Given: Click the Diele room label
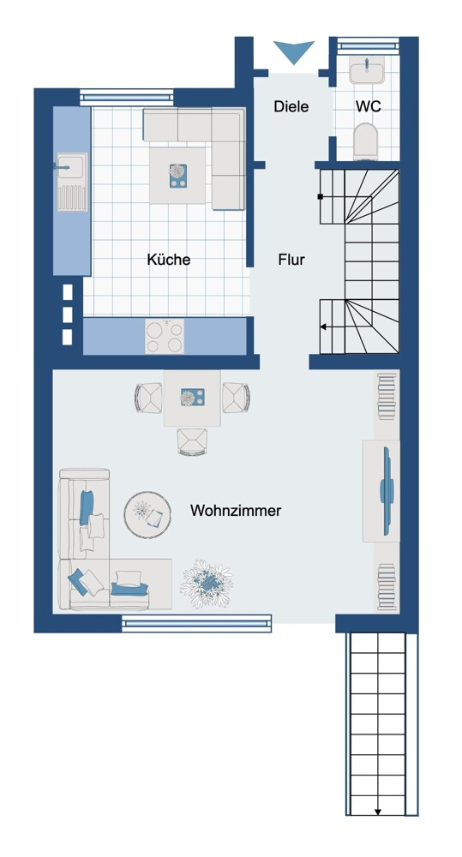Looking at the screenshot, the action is click(x=291, y=106).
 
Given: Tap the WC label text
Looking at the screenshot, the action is click(x=368, y=106).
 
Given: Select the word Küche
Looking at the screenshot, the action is click(x=168, y=259).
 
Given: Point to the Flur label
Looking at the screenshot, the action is click(x=291, y=259).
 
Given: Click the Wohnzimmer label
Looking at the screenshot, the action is click(x=236, y=511).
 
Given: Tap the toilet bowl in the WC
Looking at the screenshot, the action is click(x=366, y=141).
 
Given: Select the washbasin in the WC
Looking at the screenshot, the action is click(x=366, y=70).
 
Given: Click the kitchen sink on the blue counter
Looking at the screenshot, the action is click(x=72, y=182).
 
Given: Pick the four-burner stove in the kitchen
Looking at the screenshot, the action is click(x=164, y=336).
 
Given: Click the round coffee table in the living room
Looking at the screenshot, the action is click(x=147, y=515).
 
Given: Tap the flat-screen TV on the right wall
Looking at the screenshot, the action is click(x=387, y=491).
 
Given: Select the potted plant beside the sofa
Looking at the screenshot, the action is click(x=207, y=584).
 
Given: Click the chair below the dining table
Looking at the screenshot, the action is click(x=193, y=441).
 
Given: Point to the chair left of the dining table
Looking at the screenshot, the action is click(x=149, y=398).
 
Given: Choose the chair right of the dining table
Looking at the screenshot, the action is click(x=236, y=398).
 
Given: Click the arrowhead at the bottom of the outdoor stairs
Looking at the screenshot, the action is click(x=378, y=812).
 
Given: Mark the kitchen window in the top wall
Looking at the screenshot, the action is click(x=127, y=98).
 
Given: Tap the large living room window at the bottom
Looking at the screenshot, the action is click(x=196, y=624).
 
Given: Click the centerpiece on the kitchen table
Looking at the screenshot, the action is click(x=177, y=176).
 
